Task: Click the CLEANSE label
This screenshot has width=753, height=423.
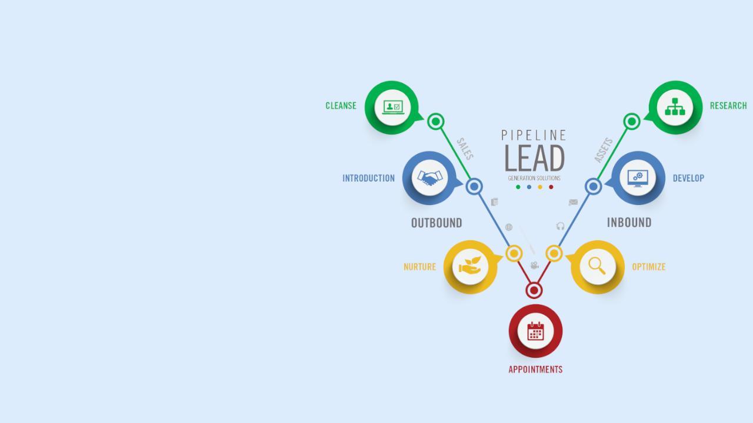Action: [x=341, y=106]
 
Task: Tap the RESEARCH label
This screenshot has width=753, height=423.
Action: [x=728, y=106]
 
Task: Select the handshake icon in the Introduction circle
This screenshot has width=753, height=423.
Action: [x=429, y=178]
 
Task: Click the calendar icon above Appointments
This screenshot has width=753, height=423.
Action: [x=535, y=331]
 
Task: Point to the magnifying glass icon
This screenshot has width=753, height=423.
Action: [x=597, y=266]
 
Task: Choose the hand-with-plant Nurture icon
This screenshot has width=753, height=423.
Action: [x=470, y=266]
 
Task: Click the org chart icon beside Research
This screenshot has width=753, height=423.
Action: [x=675, y=107]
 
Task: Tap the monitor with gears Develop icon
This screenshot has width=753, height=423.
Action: [x=638, y=177]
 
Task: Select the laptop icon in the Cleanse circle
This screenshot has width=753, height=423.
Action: [x=392, y=107]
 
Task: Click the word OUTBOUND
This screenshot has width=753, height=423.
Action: [x=437, y=223]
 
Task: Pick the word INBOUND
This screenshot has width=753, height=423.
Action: [x=629, y=223]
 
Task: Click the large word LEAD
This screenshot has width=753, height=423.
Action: [x=534, y=158]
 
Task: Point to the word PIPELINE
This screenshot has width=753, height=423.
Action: [x=534, y=136]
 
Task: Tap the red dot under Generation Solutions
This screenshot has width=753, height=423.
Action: [x=551, y=187]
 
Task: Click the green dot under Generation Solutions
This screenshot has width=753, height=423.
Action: [x=518, y=187]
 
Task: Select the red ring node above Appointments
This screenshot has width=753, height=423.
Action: [x=534, y=290]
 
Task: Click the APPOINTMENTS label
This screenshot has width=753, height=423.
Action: [x=535, y=370]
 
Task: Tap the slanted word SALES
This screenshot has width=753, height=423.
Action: [x=465, y=149]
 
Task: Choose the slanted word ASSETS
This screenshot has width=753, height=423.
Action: [x=604, y=150]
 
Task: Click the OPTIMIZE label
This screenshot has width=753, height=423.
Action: [x=649, y=267]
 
